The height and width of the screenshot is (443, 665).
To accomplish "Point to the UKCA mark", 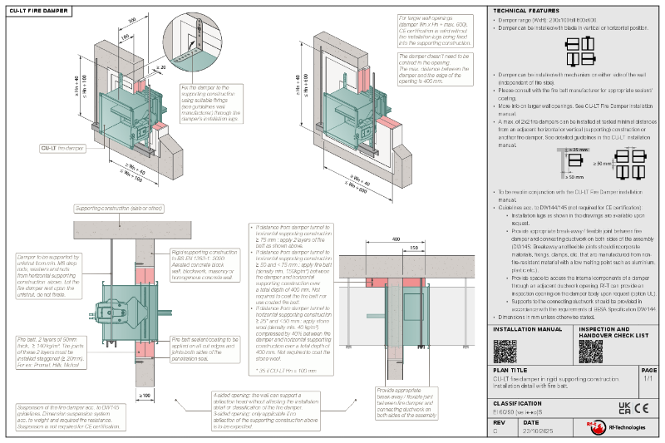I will pyautogui.click(x=624, y=408).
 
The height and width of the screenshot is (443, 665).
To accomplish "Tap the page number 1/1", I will pyautogui.click(x=648, y=379).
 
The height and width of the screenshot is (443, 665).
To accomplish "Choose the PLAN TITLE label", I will pyautogui.click(x=510, y=370).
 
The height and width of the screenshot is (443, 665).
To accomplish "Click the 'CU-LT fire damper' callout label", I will pyautogui.click(x=62, y=148).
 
